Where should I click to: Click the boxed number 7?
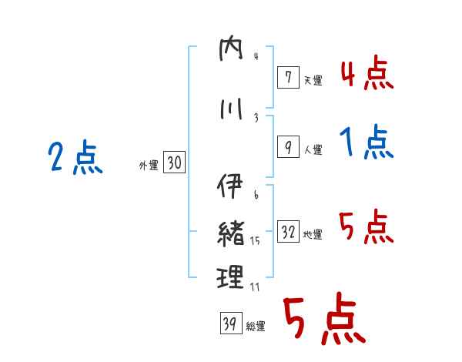(x=288, y=77)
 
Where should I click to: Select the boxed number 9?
(x=288, y=148)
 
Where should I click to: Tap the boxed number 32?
(x=288, y=233)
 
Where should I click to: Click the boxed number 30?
(x=174, y=163)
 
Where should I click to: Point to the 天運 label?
(x=313, y=80)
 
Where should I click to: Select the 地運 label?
(x=313, y=235)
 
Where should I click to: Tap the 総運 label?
(x=256, y=327)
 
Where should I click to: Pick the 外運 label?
(x=149, y=166)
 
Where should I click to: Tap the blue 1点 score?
(x=367, y=142)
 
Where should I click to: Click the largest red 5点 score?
(x=323, y=321)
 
